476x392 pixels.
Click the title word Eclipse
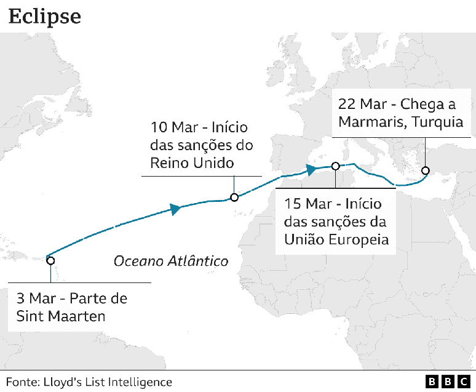(44, 16)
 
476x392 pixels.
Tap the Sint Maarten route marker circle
(50, 260)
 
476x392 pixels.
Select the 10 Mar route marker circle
(234, 198)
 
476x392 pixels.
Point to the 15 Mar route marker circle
(335, 166)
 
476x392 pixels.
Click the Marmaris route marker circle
(425, 170)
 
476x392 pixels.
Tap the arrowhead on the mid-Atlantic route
(176, 209)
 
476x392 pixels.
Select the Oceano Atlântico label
(171, 261)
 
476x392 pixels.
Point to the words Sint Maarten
(60, 316)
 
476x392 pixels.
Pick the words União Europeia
(336, 239)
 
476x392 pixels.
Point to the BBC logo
(448, 382)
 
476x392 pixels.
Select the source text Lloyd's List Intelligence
(108, 382)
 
